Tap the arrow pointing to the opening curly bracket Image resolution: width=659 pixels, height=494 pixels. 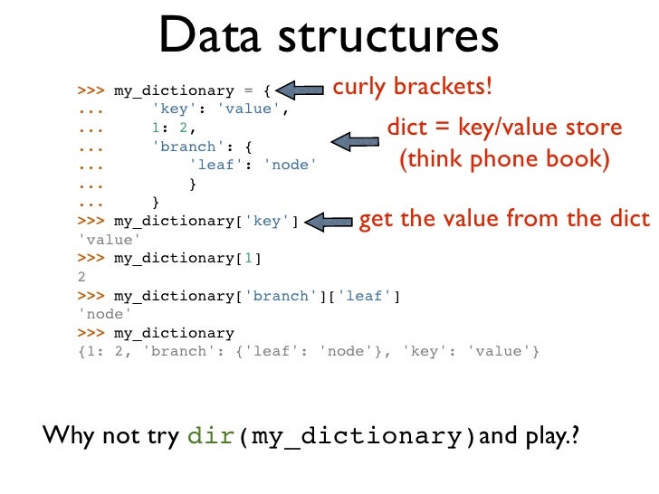coord(301,90)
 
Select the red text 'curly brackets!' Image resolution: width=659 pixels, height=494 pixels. coord(414,88)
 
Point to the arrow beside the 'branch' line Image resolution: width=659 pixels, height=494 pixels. coord(355,140)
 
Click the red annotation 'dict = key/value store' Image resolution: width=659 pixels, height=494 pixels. coord(504,128)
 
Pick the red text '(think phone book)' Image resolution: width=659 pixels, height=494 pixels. coord(504,161)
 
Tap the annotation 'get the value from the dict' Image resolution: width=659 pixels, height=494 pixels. coord(504,219)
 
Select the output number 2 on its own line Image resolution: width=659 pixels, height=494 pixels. coord(82,278)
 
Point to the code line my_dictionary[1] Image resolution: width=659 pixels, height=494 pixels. coord(186,259)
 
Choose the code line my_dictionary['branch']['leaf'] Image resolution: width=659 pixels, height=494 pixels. coord(256,297)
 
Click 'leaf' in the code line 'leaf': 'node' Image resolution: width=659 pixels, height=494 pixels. coord(212,165)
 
